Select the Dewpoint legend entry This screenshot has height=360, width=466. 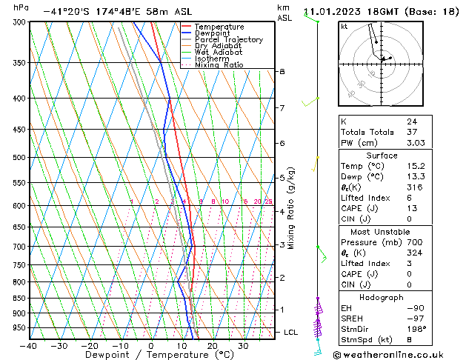point(213,33)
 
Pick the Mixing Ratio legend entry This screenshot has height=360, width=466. point(219,65)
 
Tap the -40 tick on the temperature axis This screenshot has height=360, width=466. point(30,346)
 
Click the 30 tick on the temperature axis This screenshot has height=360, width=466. point(242,346)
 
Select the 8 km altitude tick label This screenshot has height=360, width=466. point(282,71)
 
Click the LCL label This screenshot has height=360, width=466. point(290,333)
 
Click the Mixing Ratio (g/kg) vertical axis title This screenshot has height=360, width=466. point(292,207)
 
